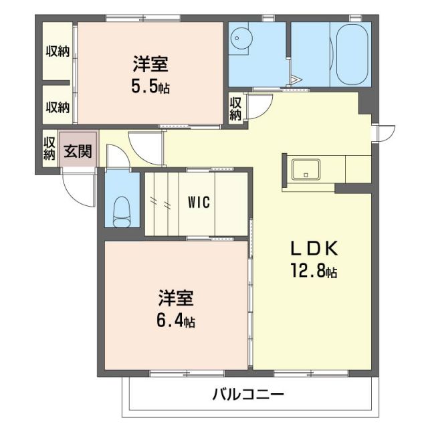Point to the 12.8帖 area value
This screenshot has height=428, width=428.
[314, 272]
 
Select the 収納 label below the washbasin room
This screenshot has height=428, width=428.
[236, 109]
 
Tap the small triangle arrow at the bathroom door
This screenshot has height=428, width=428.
[296, 82]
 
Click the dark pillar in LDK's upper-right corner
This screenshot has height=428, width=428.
[365, 102]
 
